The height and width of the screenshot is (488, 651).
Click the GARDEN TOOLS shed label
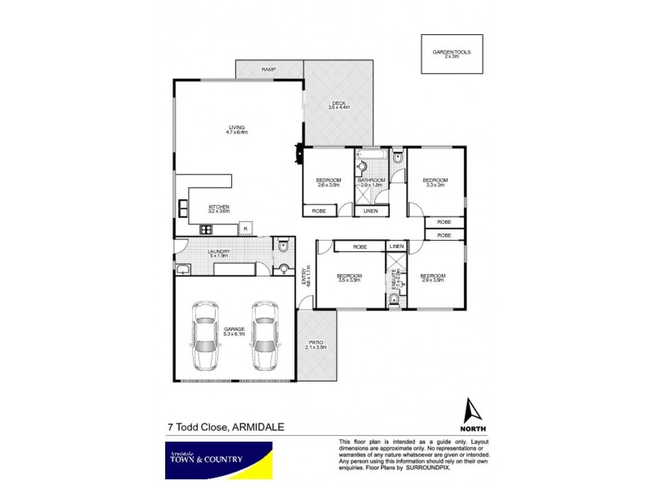tap(452, 54)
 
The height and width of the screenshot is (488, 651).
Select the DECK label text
tap(338, 105)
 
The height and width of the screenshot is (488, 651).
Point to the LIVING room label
tap(236, 130)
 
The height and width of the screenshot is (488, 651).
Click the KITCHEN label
tap(219, 208)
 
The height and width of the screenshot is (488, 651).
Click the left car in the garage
tap(203, 333)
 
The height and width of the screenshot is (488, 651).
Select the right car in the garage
tap(264, 333)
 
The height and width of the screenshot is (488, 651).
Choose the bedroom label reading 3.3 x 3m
tap(435, 182)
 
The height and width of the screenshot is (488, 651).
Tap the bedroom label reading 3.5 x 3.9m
tap(348, 278)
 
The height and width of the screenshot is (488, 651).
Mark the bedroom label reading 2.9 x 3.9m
tap(432, 278)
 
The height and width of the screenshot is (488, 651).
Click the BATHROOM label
tap(371, 182)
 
